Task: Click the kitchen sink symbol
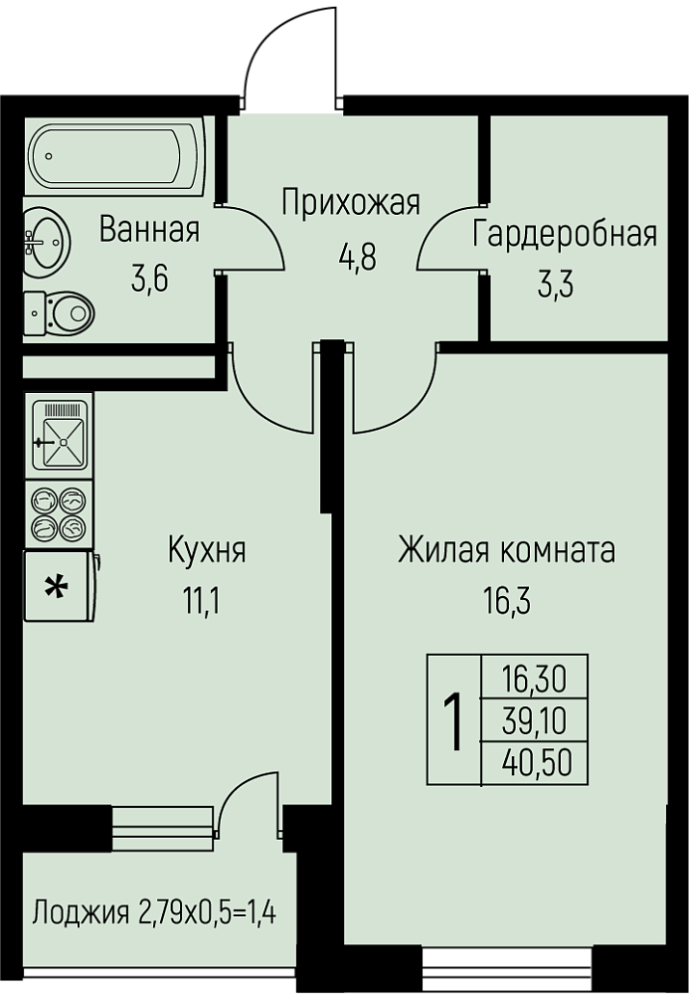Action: click(60, 435)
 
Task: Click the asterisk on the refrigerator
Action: click(57, 587)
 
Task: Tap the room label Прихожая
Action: click(351, 203)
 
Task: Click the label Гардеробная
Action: click(565, 234)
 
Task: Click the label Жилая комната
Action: click(506, 550)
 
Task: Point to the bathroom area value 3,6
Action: click(149, 279)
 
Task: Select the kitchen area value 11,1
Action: click(202, 601)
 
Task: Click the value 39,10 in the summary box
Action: click(534, 720)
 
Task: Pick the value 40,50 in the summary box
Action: click(537, 763)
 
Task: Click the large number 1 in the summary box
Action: click(452, 720)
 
